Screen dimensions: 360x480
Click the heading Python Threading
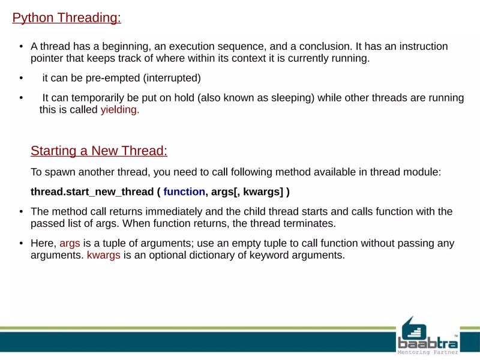[x=67, y=18]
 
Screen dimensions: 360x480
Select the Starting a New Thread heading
[x=98, y=151]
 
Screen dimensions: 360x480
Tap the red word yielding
[x=119, y=110]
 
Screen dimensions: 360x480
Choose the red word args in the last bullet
[x=70, y=244]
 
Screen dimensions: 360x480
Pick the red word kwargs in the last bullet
[x=104, y=255]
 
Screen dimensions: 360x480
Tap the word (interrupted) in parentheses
[x=172, y=78]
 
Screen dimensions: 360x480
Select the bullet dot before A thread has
[x=21, y=47]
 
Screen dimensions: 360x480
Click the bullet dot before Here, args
[x=21, y=244]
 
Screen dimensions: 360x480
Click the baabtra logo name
[x=428, y=342]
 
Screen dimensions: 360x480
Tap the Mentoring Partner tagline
[x=428, y=353]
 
